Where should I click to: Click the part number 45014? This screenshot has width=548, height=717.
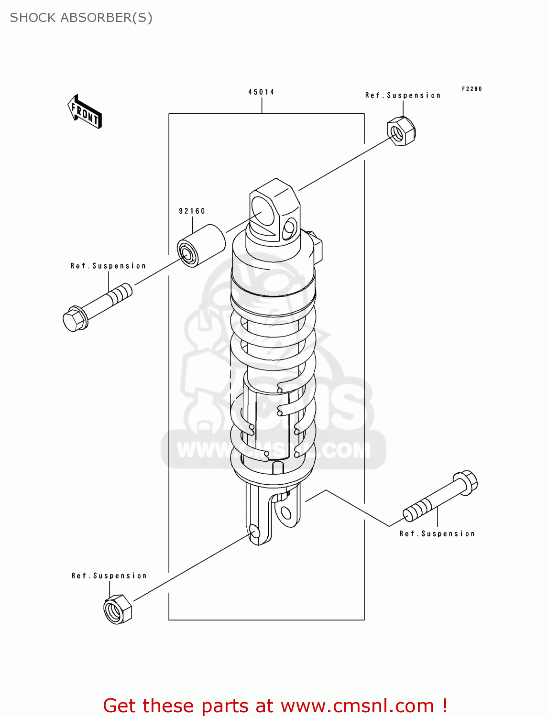pos(261,92)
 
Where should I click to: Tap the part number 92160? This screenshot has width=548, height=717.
pos(192,211)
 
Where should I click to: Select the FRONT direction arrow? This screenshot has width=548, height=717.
pos(85,112)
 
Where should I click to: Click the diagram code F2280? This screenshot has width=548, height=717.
pos(471,89)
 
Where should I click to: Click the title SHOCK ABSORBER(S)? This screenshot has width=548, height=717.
pos(81,18)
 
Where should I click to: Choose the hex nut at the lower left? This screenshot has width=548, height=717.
pos(117,609)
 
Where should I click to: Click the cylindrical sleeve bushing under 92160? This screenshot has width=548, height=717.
pos(201,245)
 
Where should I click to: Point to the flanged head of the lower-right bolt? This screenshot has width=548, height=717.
pos(466,481)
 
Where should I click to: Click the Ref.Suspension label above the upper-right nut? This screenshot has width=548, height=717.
pos(403,96)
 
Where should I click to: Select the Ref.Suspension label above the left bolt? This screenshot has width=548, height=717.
pos(108,266)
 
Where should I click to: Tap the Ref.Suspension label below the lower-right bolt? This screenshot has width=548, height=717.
pos(437,534)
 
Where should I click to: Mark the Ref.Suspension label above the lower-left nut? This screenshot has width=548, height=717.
pos(109,576)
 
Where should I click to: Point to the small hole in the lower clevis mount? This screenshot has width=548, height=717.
pos(285,514)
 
